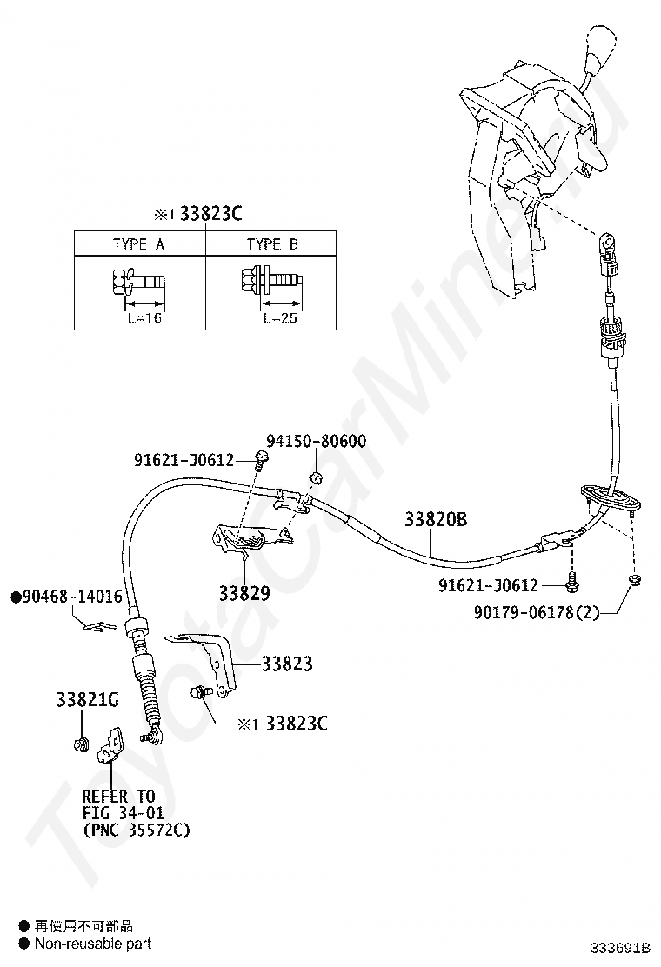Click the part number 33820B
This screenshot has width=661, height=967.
click(435, 520)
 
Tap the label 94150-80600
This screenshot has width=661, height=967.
click(316, 442)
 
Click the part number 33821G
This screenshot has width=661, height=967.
click(87, 699)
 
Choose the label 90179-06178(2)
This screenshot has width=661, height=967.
click(537, 613)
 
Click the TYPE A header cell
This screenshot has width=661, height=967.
click(138, 244)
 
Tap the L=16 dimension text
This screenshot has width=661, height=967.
click(139, 318)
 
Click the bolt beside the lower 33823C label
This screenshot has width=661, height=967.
click(200, 692)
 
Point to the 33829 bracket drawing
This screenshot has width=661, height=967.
click(247, 544)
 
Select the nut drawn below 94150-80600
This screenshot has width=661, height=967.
click(317, 477)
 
